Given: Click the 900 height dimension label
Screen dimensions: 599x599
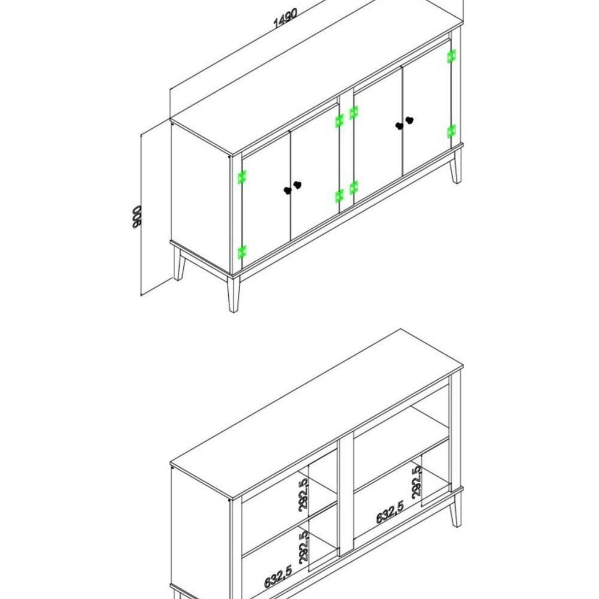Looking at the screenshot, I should (137, 216).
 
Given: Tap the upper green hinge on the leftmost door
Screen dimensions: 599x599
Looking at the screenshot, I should (242, 177).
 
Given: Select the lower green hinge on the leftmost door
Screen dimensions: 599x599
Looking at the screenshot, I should (242, 252).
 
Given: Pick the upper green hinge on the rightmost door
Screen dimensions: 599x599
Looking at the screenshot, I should (452, 56).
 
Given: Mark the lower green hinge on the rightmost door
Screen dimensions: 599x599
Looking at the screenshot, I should (452, 131).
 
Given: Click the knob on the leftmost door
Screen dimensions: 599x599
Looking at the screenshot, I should (288, 190).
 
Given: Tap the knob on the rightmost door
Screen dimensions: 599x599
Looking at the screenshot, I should (410, 120).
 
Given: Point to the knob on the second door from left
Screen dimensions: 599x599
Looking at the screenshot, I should (298, 185).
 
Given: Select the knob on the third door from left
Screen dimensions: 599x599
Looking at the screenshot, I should (399, 126).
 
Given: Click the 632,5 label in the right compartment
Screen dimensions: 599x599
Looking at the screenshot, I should (390, 512).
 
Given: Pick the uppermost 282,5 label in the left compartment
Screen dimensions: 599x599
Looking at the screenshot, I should (304, 493).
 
